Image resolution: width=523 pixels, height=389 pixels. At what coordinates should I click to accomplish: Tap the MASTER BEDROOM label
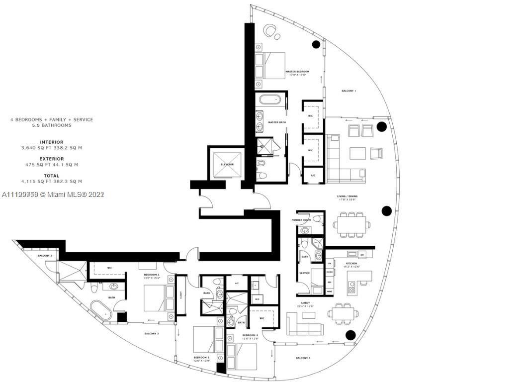297,72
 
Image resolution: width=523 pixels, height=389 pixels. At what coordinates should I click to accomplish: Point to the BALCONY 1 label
349,91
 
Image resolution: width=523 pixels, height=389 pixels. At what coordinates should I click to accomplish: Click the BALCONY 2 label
45,256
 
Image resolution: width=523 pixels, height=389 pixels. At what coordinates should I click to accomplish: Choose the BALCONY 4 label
303,358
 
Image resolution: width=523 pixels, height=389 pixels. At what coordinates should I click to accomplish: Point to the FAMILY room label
305,303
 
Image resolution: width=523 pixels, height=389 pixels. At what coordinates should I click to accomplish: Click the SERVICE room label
304,273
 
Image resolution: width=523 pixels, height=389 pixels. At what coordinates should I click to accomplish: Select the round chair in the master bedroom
272,31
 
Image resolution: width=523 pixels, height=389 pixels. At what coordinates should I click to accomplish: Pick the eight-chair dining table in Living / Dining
351,222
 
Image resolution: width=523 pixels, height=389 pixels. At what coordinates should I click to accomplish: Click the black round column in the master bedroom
316,44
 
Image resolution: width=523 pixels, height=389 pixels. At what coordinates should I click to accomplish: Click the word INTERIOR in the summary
52,142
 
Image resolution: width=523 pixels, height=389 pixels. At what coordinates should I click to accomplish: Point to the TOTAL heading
52,176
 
